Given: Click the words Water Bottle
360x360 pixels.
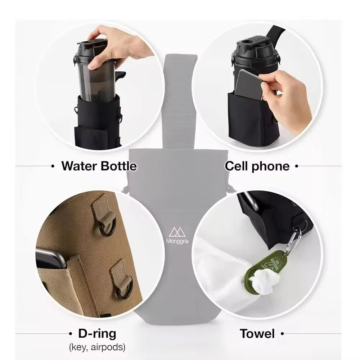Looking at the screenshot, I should (99, 166).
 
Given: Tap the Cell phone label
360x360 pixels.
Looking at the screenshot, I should (257, 166).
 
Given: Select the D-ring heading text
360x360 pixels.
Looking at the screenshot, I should (97, 334).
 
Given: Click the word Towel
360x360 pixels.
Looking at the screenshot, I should (257, 334).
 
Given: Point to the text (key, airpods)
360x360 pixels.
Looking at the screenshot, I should (97, 347).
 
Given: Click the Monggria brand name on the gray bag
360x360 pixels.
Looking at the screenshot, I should (180, 241).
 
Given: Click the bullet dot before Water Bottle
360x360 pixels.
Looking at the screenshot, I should (53, 166).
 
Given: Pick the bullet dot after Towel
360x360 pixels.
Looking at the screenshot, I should (282, 334).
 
